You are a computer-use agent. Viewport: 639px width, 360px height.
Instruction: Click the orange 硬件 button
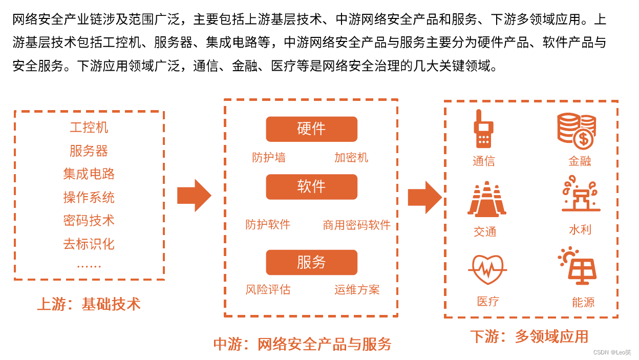[311, 129]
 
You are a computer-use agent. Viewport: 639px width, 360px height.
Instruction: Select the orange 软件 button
[311, 187]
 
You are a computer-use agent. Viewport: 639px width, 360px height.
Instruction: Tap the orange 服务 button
[311, 262]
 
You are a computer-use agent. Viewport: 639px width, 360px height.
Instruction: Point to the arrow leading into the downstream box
[424, 197]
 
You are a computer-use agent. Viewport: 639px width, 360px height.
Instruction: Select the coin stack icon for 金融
[577, 131]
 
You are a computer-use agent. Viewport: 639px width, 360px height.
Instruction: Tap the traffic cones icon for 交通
[486, 199]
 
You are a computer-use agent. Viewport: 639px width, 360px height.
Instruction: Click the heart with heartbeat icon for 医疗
[487, 269]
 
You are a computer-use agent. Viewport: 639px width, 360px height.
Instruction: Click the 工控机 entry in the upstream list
[89, 128]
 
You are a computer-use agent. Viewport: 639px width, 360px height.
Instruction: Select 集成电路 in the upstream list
[89, 174]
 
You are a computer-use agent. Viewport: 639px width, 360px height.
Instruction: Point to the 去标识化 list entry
[89, 244]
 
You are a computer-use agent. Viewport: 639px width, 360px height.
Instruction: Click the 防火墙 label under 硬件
[269, 158]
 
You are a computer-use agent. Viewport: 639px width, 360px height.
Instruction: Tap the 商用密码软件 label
[357, 225]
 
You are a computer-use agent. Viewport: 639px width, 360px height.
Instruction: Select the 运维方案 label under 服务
[357, 290]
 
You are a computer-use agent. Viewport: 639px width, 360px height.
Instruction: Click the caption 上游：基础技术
[89, 304]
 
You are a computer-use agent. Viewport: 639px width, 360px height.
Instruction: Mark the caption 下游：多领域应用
[529, 336]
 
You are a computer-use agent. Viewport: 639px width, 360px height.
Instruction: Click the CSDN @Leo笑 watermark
[612, 352]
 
